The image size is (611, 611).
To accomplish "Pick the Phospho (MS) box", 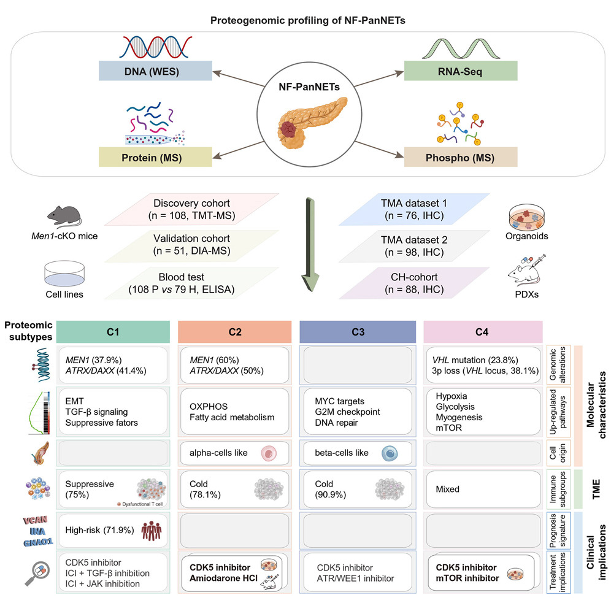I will click(460, 156).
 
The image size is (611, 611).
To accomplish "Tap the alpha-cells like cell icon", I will click(269, 453).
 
